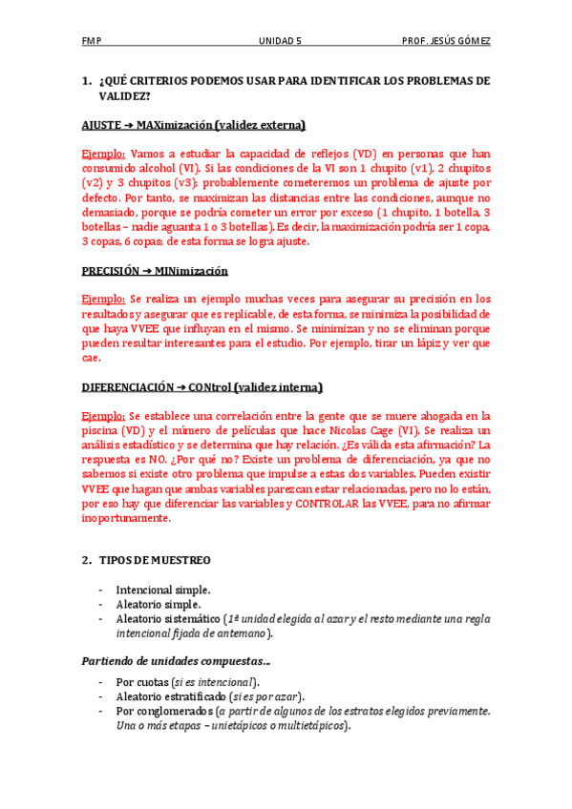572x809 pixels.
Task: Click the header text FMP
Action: tap(92, 42)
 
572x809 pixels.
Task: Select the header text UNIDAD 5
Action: tap(280, 42)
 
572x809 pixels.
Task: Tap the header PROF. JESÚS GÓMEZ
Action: tap(447, 42)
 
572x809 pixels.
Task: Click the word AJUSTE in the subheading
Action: tap(101, 125)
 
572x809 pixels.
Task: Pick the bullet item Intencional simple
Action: tap(163, 591)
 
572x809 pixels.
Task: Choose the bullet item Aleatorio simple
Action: tap(159, 605)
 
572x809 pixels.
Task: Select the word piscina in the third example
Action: tap(101, 431)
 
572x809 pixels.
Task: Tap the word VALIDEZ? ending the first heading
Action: tap(124, 96)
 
